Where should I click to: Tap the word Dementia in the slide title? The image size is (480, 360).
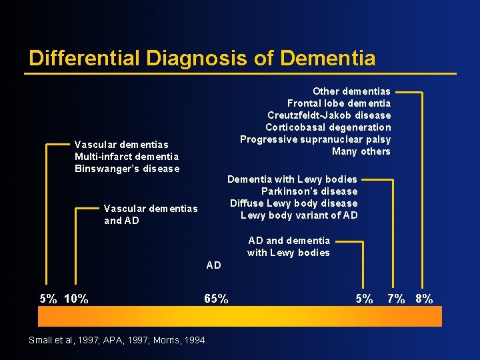pos(328,59)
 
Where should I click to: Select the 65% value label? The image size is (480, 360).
pos(216,299)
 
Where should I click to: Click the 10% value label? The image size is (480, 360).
pos(77,299)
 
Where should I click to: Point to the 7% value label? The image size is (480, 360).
pos(397,299)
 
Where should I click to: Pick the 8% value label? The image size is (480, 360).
pos(424,299)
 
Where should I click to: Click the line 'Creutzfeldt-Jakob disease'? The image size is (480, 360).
pos(329,115)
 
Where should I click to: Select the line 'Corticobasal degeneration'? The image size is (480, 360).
pos(328,127)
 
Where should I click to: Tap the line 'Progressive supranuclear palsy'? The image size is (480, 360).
pos(315,139)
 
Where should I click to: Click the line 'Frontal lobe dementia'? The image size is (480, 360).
pos(339,103)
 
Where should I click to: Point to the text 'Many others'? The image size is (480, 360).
pos(361,151)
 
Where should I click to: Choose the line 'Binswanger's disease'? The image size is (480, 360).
pos(127,169)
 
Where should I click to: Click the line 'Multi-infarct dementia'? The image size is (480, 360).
pos(127,157)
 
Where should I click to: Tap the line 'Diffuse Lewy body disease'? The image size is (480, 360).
pos(293,203)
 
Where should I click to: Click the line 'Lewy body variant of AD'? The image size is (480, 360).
pos(299,215)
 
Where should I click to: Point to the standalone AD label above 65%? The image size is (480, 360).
pos(213,265)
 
